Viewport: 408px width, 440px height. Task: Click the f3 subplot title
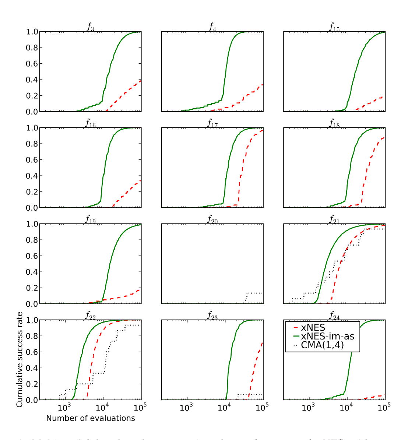coord(90,27)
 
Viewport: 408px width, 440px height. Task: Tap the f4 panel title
coord(212,27)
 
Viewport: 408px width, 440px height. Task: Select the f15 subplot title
coord(334,27)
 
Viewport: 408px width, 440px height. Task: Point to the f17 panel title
coord(212,123)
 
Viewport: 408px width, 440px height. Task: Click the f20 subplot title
coord(212,220)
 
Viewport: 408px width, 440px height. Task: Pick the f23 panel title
coord(212,316)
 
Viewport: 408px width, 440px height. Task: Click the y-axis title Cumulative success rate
coord(20,359)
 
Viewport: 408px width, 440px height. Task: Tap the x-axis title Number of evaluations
coord(91,418)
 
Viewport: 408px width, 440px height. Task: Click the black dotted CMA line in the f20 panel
coord(254,293)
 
